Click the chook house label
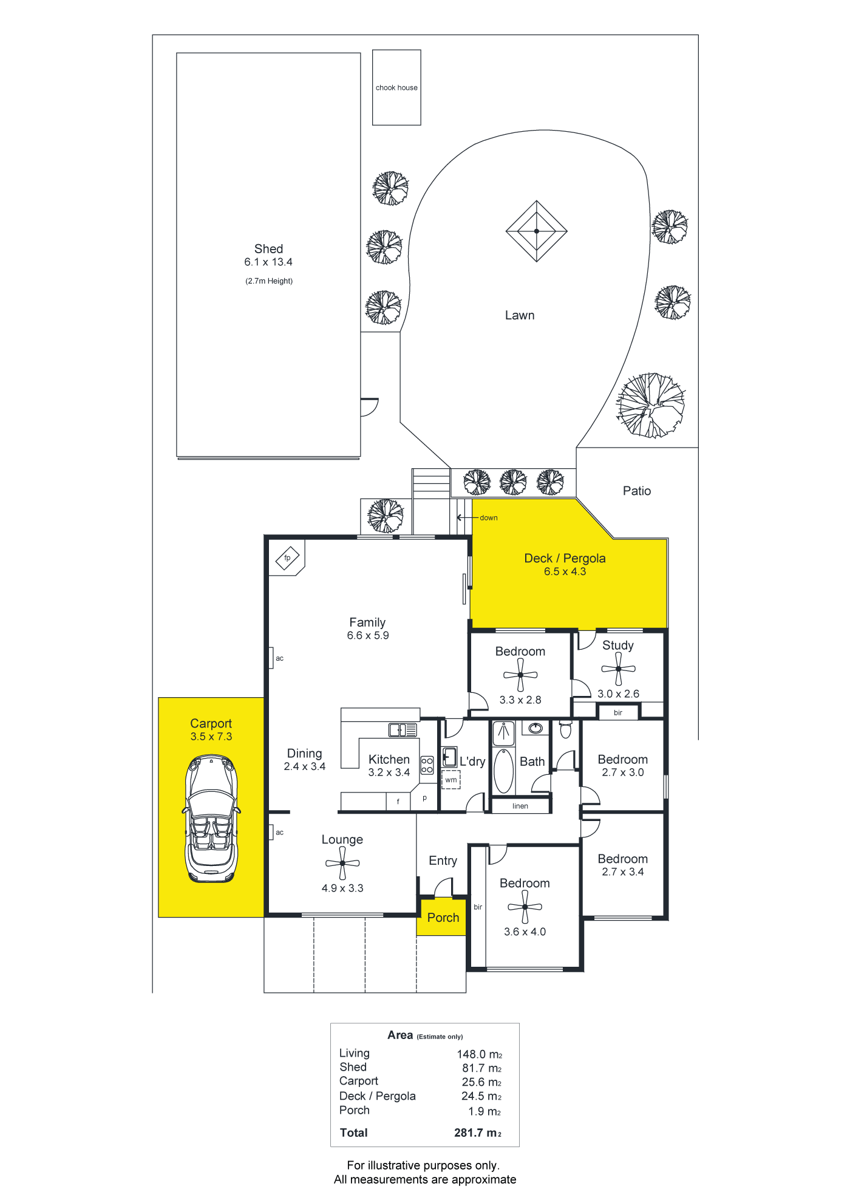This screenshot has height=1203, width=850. [x=396, y=87]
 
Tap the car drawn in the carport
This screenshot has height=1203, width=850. [x=211, y=818]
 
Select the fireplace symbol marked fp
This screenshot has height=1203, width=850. [x=287, y=558]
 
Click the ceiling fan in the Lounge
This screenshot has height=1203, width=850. [x=342, y=863]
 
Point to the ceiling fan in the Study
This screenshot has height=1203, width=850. [x=618, y=669]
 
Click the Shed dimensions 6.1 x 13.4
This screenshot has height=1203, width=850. [x=268, y=262]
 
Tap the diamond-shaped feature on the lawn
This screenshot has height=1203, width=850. [x=537, y=231]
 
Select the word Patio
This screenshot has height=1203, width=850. [x=637, y=491]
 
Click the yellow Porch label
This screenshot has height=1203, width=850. [x=443, y=918]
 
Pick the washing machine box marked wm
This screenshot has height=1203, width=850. [x=451, y=780]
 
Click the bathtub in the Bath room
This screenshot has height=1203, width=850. [x=504, y=771]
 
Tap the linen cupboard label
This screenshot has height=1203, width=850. [x=520, y=806]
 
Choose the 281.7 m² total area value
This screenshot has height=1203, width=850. [x=478, y=1133]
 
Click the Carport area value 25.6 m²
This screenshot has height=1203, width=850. [x=481, y=1082]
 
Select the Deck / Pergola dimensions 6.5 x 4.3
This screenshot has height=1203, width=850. [x=565, y=571]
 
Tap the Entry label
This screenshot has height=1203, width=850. [x=443, y=861]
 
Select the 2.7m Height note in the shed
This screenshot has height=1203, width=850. [x=269, y=281]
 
